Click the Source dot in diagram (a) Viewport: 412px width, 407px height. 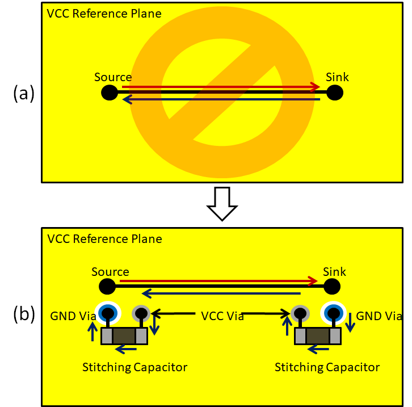110,93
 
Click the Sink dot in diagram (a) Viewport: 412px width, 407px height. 335,93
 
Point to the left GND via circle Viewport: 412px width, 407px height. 106,312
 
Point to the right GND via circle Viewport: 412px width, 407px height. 334,312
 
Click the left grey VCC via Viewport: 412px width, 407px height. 140,313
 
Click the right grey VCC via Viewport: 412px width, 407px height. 300,313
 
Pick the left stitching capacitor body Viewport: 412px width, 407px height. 124,336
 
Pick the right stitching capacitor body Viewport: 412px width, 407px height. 317,336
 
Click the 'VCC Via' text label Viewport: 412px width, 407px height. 222,316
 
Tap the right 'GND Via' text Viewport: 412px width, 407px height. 379,316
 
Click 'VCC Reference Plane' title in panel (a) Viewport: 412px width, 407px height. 104,13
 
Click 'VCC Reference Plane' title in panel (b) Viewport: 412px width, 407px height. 104,239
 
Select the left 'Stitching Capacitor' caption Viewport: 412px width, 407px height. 134,367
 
